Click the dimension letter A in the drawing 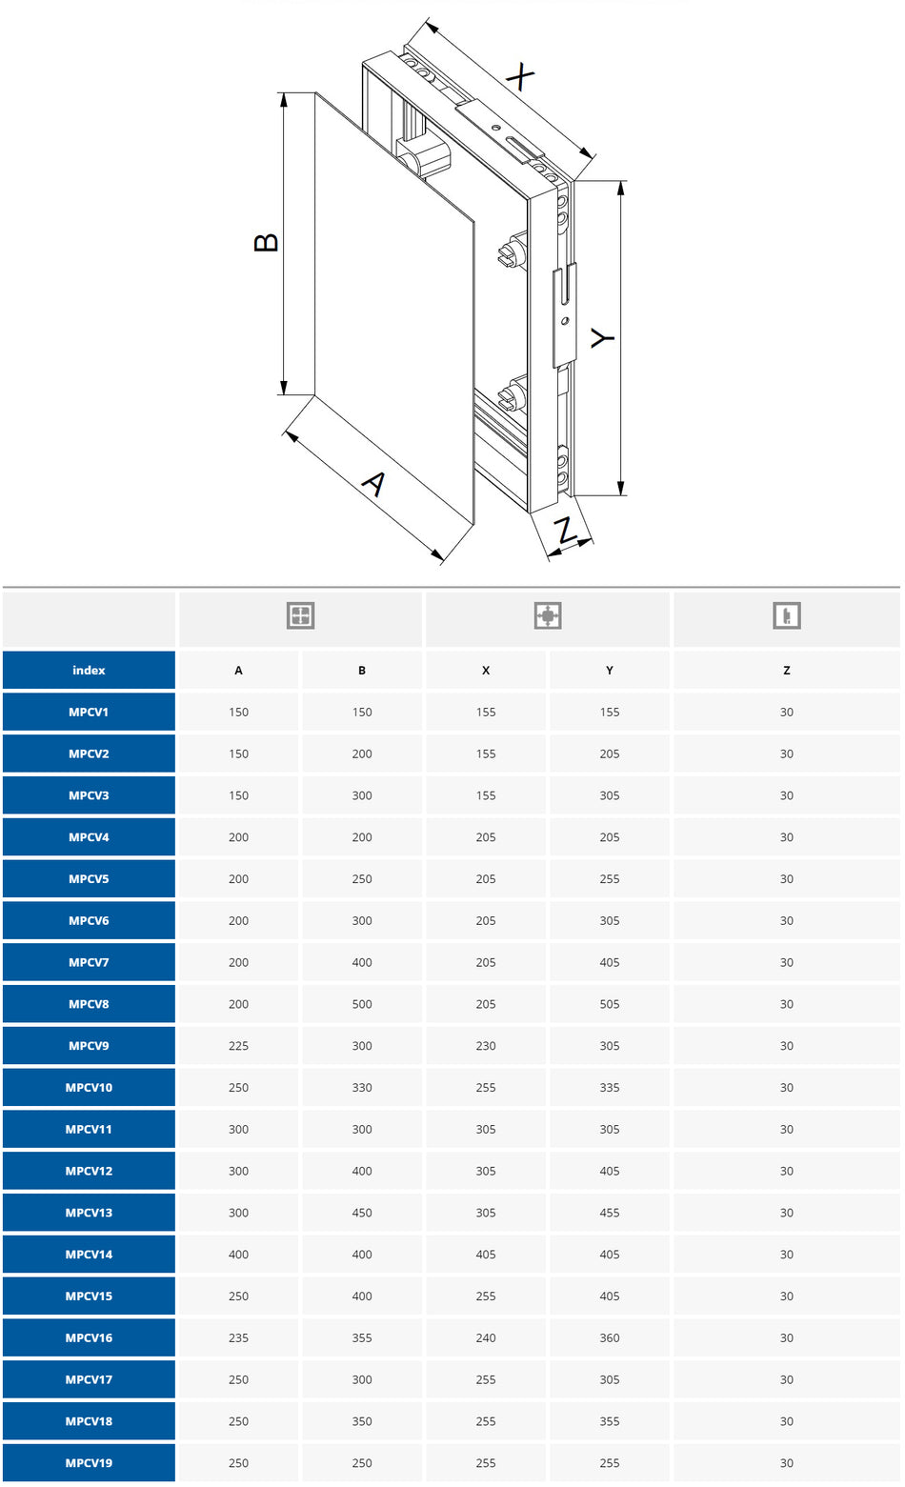pyautogui.click(x=374, y=484)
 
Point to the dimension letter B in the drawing pyautogui.click(x=266, y=242)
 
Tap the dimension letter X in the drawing pyautogui.click(x=520, y=76)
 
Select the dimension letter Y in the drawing pyautogui.click(x=602, y=338)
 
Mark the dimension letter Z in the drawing pyautogui.click(x=566, y=531)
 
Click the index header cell pyautogui.click(x=89, y=671)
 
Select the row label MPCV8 pyautogui.click(x=89, y=1004)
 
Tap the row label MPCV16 pyautogui.click(x=89, y=1337)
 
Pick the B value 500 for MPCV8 pyautogui.click(x=362, y=1004)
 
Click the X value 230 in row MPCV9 pyautogui.click(x=486, y=1046)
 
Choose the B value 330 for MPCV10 pyautogui.click(x=362, y=1088)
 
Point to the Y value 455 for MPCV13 pyautogui.click(x=610, y=1213)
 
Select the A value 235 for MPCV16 pyautogui.click(x=238, y=1337)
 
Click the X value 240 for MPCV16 pyautogui.click(x=486, y=1337)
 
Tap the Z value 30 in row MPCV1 pyautogui.click(x=786, y=713)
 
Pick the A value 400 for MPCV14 pyautogui.click(x=238, y=1255)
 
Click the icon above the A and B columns pyautogui.click(x=300, y=615)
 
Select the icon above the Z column pyautogui.click(x=786, y=615)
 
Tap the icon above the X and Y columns pyautogui.click(x=548, y=615)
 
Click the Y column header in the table pyautogui.click(x=610, y=671)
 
